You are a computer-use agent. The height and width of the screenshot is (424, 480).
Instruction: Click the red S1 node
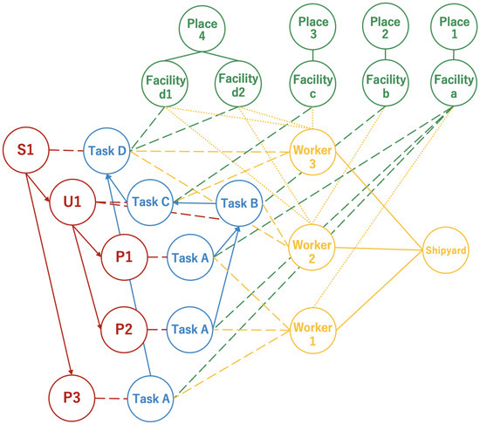click(x=25, y=152)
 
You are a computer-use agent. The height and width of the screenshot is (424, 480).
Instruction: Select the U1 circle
click(x=72, y=203)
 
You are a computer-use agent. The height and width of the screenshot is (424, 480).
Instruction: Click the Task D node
click(x=106, y=152)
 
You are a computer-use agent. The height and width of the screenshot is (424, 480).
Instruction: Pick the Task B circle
click(x=239, y=203)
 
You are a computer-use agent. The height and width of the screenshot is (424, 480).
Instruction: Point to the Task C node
click(x=148, y=203)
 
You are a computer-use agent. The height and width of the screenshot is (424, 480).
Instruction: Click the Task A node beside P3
click(x=150, y=399)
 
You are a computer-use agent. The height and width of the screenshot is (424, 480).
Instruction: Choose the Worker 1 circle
click(x=313, y=331)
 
